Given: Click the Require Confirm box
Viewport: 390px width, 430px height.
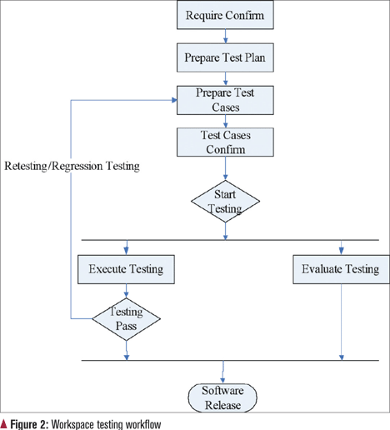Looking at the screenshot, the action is (x=225, y=15).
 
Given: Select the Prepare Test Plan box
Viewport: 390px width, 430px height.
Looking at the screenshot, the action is (x=225, y=57).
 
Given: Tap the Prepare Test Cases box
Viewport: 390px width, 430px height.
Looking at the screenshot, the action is (x=225, y=100).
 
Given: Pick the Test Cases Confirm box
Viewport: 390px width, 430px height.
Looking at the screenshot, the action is (x=225, y=142).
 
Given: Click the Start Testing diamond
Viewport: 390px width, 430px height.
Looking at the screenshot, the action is (x=225, y=201).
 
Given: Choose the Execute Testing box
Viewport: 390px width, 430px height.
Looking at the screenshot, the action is (x=126, y=269).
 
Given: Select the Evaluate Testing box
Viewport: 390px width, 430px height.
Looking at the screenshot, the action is (x=342, y=269).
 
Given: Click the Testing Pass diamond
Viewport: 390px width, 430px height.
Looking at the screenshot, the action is (x=126, y=319).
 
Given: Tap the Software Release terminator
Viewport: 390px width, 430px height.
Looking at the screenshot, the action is (x=222, y=397).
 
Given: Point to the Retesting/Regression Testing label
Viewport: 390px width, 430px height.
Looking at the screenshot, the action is (x=72, y=166).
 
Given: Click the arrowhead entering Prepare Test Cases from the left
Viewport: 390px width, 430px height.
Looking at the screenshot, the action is (x=174, y=100).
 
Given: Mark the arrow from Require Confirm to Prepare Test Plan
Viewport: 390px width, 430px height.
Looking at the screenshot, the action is (x=225, y=36).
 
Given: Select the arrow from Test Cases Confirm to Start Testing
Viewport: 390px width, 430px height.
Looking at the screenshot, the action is (x=225, y=168).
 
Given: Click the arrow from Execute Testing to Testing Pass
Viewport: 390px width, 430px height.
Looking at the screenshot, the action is (x=126, y=291).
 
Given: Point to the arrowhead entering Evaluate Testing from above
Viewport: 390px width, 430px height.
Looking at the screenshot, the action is (x=342, y=252).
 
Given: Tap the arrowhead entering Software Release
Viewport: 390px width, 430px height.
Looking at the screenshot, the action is (x=222, y=381).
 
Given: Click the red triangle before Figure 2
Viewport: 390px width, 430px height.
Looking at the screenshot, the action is (x=3, y=424).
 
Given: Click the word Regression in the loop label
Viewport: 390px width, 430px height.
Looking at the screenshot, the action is (x=77, y=166).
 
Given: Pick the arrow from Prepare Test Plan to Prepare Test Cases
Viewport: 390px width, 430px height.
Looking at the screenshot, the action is (x=225, y=78).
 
